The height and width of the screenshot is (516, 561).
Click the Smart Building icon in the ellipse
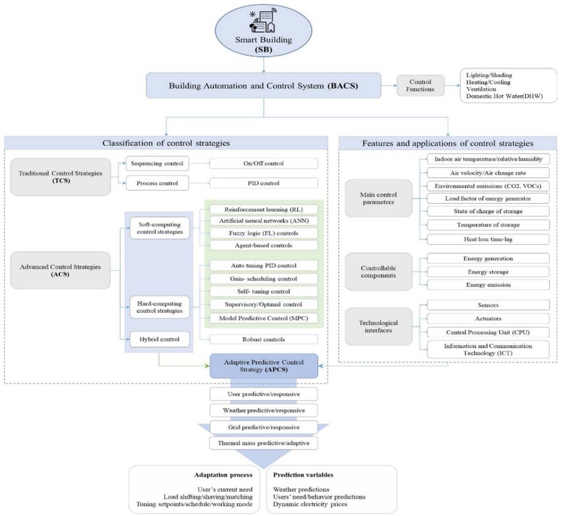click(263, 22)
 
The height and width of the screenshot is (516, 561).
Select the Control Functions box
click(420, 86)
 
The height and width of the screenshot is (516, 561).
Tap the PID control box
click(264, 183)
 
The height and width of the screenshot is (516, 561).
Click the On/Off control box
click(264, 164)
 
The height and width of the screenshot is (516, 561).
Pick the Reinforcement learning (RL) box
click(264, 210)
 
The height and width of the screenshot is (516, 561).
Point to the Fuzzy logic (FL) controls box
click(264, 233)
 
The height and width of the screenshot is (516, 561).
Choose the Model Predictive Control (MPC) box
click(264, 318)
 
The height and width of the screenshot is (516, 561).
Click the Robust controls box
click(264, 339)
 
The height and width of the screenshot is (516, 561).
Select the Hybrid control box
click(160, 339)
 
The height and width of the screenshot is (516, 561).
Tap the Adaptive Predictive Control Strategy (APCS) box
click(264, 366)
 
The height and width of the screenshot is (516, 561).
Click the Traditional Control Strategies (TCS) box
click(61, 177)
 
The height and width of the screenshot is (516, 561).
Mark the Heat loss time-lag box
click(488, 240)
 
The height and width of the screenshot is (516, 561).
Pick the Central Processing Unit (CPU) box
click(488, 332)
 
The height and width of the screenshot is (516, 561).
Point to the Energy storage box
click(488, 272)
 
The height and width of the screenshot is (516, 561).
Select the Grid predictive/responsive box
click(264, 428)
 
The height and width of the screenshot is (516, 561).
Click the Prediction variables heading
click(303, 475)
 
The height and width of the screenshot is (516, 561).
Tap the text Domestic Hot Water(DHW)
click(504, 96)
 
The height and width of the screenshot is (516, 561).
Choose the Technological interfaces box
click(379, 327)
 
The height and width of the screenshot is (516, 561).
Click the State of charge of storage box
click(488, 211)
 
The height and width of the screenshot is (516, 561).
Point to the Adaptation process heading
click(223, 475)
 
